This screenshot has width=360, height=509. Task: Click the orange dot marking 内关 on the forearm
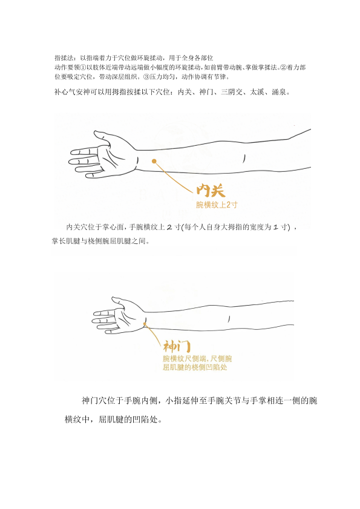click(x=154, y=161)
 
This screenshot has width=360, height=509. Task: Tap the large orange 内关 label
click(x=211, y=190)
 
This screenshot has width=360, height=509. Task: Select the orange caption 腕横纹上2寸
click(x=217, y=205)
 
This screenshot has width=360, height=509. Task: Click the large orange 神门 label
click(x=176, y=346)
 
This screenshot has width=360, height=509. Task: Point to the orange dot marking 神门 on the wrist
click(x=145, y=323)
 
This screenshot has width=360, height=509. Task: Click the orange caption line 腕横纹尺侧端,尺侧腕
click(x=197, y=359)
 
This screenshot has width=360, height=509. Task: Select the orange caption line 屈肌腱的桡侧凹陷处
click(x=195, y=367)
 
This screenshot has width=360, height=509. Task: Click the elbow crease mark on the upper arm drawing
click(x=244, y=158)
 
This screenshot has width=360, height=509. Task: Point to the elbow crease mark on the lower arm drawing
click(x=229, y=318)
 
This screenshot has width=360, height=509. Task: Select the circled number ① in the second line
click(x=83, y=68)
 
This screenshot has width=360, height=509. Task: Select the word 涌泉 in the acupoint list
click(x=278, y=92)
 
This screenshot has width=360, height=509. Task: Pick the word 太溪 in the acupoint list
click(x=257, y=92)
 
